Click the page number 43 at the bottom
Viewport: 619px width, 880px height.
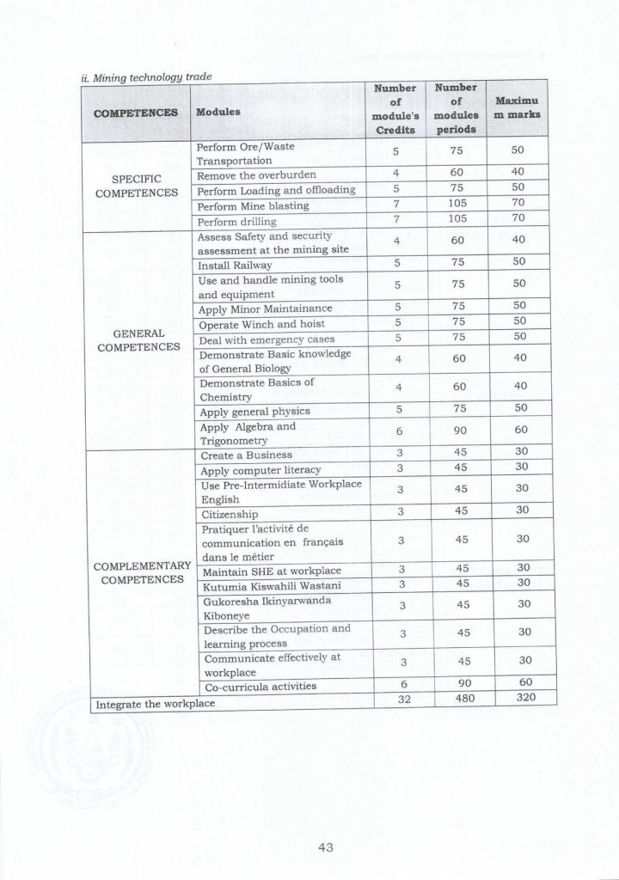click(325, 847)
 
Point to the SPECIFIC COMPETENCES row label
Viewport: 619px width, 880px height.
click(138, 184)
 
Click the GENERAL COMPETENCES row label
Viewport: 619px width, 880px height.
click(138, 340)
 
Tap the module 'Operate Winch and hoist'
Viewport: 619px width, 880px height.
click(256, 324)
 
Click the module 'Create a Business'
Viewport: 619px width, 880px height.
click(245, 454)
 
